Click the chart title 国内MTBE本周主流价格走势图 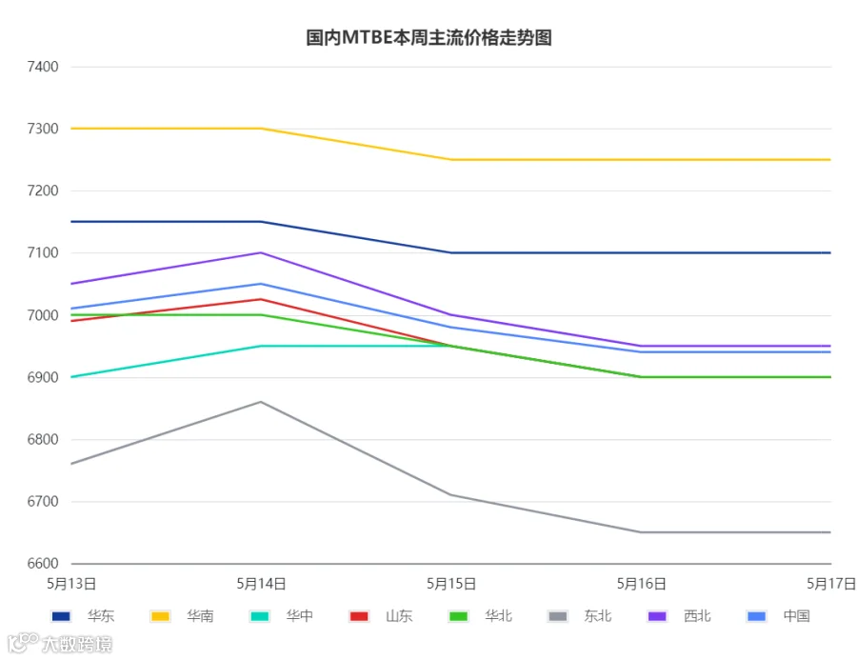pos(428,38)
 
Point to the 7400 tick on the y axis pos(43,67)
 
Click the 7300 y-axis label pos(43,129)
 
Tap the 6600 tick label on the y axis pos(43,563)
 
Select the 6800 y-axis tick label pos(43,439)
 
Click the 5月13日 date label pos(71,584)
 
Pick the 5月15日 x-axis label pos(451,584)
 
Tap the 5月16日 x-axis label pos(641,584)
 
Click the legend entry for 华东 pos(83,616)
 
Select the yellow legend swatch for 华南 pos(160,616)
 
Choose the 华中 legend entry pos(282,616)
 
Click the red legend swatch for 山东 pos(359,616)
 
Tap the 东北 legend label pos(597,616)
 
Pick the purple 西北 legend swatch pos(657,616)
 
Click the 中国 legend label pos(796,616)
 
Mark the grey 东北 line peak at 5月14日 pos(261,402)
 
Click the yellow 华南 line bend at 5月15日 pos(451,160)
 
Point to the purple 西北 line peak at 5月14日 pos(261,252)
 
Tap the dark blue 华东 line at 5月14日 pos(261,222)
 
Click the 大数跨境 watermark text pos(77,644)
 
